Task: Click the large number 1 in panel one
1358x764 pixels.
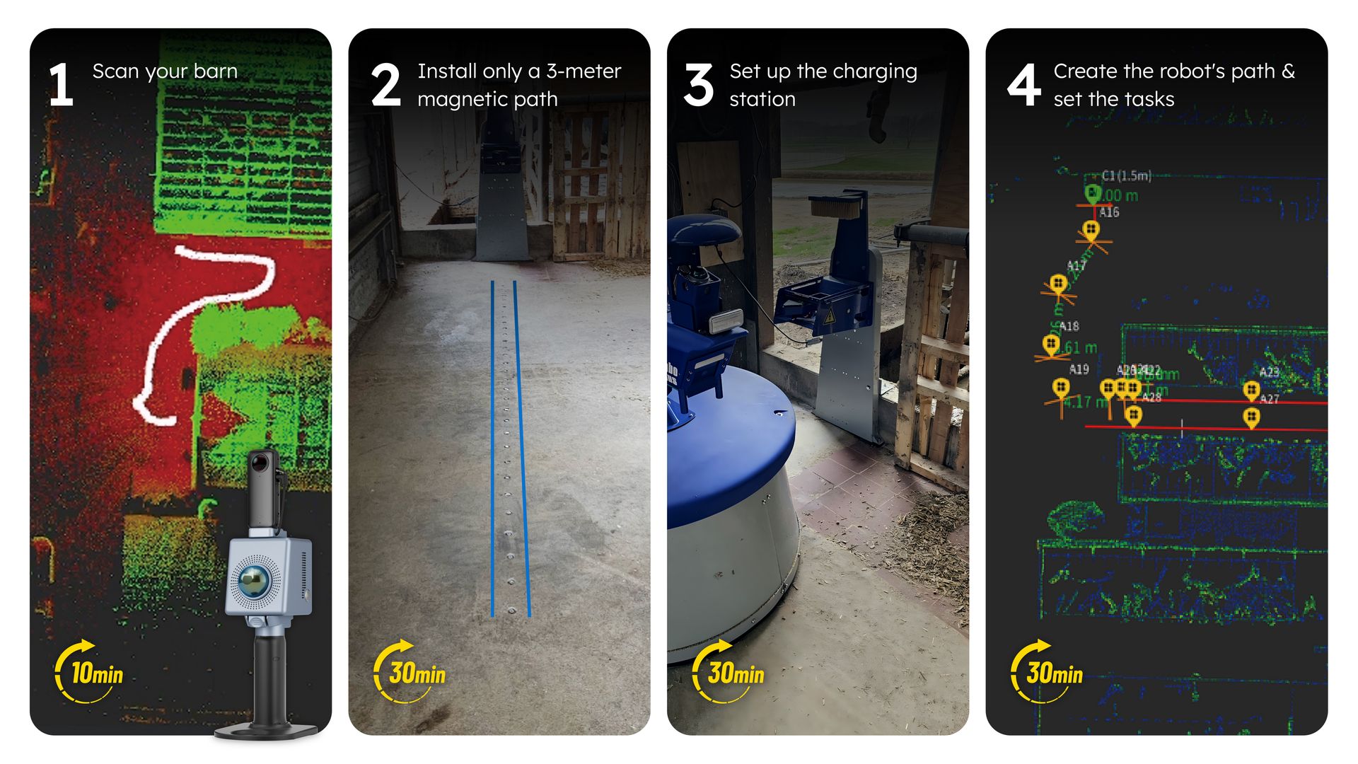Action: (61, 86)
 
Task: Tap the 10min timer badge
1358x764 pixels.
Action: (90, 672)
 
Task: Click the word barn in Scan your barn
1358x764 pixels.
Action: (215, 71)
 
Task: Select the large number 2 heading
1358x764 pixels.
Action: (385, 86)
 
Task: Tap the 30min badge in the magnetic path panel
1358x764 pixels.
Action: (410, 672)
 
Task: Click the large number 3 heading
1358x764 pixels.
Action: (698, 86)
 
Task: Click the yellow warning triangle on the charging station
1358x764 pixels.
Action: (829, 315)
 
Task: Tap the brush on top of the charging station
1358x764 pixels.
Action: (835, 206)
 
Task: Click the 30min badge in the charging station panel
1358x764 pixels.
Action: (729, 672)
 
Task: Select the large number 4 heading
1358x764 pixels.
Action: (1023, 86)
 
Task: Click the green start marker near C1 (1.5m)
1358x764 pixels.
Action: (1093, 193)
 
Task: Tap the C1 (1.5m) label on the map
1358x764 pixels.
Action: (1127, 175)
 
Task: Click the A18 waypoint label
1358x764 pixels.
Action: (1069, 326)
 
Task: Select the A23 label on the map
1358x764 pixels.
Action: (1269, 372)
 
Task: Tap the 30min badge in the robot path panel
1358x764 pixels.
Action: (1047, 672)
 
